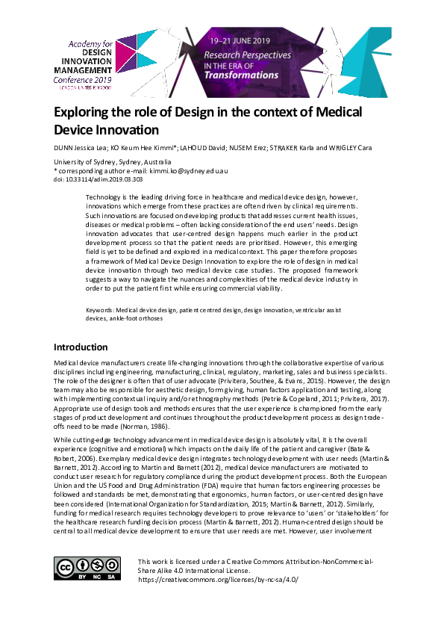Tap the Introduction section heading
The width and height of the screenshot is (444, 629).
pos(81,347)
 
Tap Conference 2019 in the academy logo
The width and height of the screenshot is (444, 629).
pos(88,79)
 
